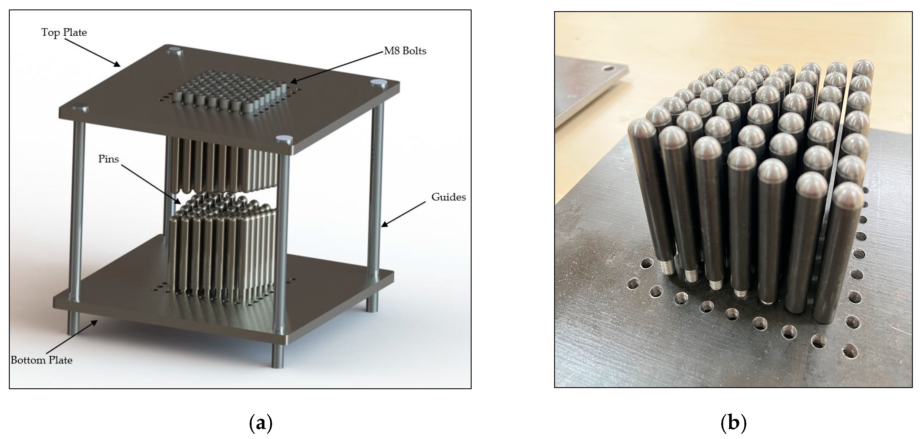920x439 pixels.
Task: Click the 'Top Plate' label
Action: point(64,32)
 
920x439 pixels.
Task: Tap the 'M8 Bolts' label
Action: point(405,51)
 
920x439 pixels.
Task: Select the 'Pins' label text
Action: point(108,159)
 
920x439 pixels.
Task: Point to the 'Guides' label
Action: point(449,197)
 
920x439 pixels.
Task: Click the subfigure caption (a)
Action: point(260,423)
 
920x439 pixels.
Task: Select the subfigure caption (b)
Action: point(733,423)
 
